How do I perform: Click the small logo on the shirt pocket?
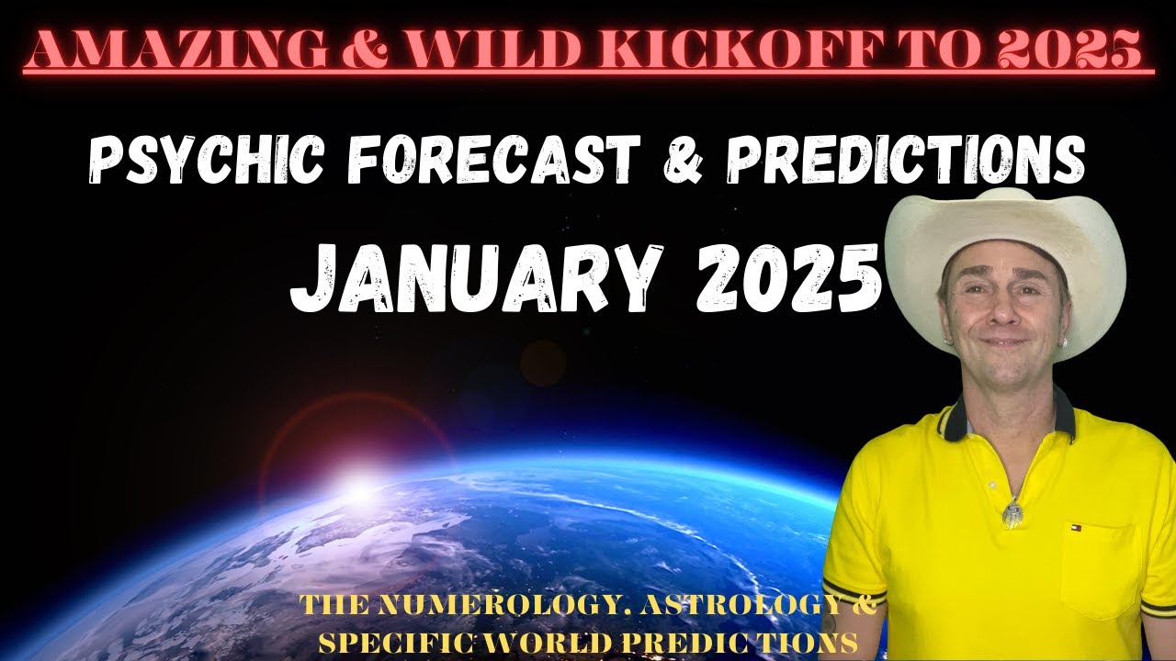click(x=1076, y=530)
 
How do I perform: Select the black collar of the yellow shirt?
click(x=1057, y=418)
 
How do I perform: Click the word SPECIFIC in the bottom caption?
click(x=385, y=639)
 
